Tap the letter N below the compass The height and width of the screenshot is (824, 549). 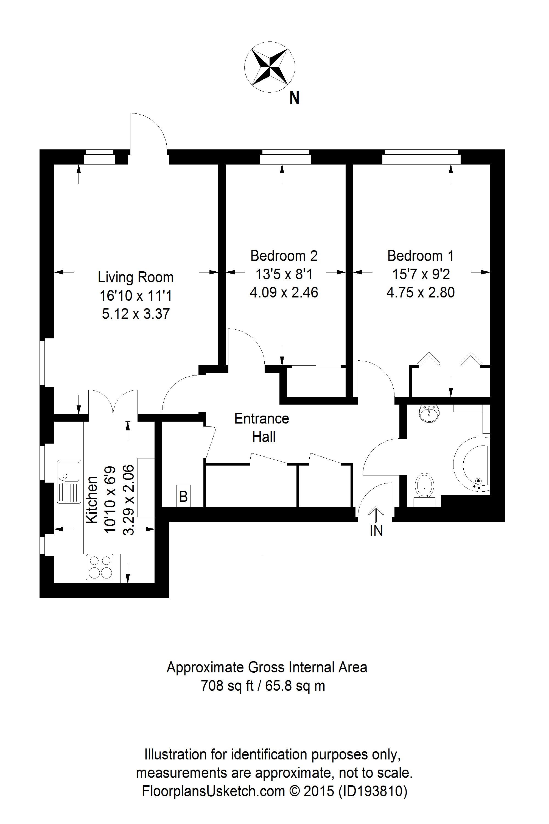pyautogui.click(x=294, y=98)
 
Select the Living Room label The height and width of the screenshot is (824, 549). pyautogui.click(x=136, y=277)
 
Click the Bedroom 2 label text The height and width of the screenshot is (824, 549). pyautogui.click(x=284, y=256)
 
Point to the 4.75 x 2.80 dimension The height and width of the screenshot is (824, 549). pyautogui.click(x=421, y=293)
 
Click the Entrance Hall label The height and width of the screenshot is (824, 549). pyautogui.click(x=262, y=427)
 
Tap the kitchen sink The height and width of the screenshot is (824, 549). pyautogui.click(x=69, y=481)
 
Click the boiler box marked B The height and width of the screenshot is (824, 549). pyautogui.click(x=183, y=496)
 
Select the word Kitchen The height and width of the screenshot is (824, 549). pyautogui.click(x=92, y=499)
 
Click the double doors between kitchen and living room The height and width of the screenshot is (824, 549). pyautogui.click(x=113, y=403)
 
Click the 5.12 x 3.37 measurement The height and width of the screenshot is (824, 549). pyautogui.click(x=136, y=314)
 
